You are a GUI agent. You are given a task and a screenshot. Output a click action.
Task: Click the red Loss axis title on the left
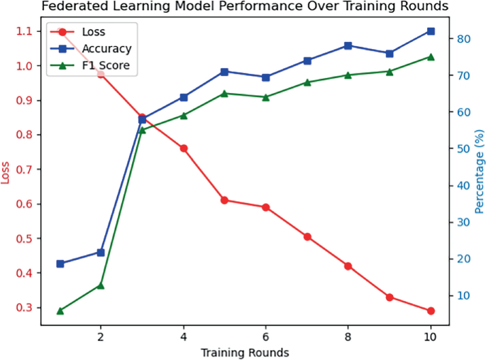7,171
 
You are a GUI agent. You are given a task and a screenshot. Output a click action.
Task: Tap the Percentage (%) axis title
479,171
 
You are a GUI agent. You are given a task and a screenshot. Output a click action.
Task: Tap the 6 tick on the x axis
265,335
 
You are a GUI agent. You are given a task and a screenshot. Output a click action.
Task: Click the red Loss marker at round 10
431,311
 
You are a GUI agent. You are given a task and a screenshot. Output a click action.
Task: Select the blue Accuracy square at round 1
60,263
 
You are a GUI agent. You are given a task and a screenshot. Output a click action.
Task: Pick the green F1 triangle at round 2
101,285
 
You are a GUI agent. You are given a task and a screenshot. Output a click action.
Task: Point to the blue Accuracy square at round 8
348,45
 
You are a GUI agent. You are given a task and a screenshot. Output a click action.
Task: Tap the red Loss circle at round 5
224,200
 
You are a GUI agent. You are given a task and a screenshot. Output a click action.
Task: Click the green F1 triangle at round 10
431,56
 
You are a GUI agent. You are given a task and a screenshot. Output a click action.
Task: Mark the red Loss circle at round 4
183,148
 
